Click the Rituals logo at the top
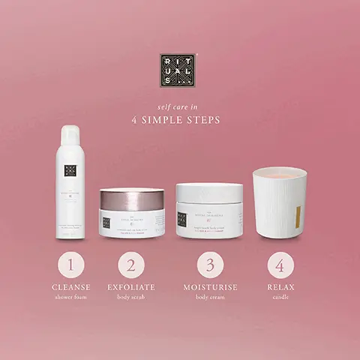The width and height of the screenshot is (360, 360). tap(178, 70)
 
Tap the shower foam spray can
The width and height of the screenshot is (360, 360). tap(70, 183)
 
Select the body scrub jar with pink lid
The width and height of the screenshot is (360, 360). tap(132, 213)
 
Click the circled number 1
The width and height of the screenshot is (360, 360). tap(70, 265)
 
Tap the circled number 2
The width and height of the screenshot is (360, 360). tap(131, 265)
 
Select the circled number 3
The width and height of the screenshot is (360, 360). tap(210, 265)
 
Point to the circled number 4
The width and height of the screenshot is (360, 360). tap(280, 265)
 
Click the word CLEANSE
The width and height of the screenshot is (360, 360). tap(70, 287)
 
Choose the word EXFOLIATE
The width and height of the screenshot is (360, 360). tap(131, 287)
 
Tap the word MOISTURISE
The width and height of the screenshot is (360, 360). tap(210, 287)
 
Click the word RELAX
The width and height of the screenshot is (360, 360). tap(280, 287)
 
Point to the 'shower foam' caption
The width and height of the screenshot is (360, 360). tap(70, 297)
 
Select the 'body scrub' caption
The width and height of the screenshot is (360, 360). tap(131, 297)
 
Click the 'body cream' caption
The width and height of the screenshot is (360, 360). tap(210, 297)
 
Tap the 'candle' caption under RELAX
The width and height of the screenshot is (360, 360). tap(280, 297)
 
